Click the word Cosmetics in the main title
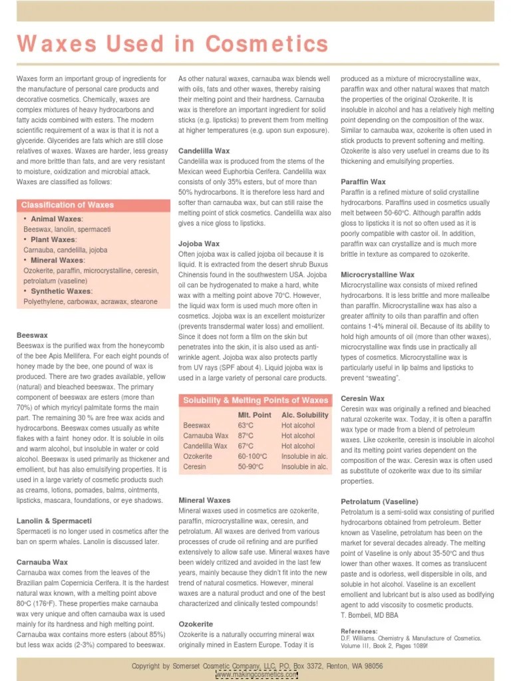point(267,45)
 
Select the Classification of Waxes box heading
point(67,205)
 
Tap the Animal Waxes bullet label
point(57,219)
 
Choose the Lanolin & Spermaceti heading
point(54,521)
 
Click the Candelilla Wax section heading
point(204,151)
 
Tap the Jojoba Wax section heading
point(198,244)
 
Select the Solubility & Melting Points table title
point(255,400)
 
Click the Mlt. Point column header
point(254,415)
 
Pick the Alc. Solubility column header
point(305,415)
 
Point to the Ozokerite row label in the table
point(198,456)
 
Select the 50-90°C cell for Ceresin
point(252,467)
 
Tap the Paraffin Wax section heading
point(363,182)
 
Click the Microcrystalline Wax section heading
point(377,275)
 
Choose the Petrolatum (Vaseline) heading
point(379,501)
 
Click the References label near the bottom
point(359,631)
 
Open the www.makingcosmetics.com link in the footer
point(257,674)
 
